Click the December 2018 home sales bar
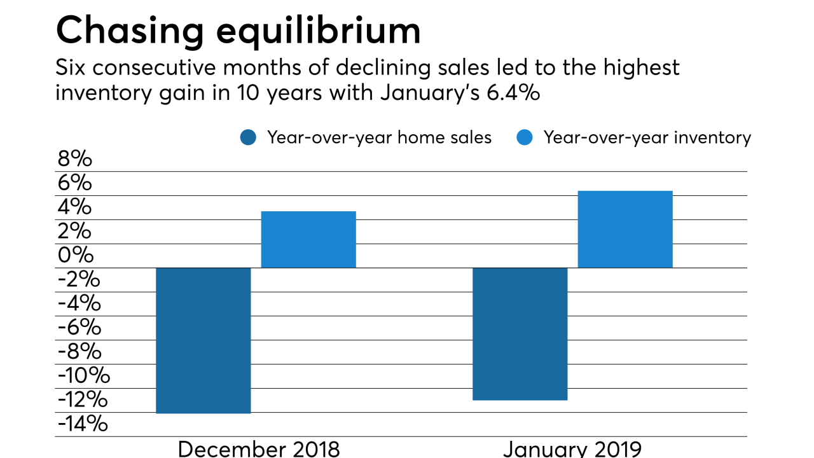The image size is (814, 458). pyautogui.click(x=203, y=340)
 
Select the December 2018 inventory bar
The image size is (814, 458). pyautogui.click(x=308, y=239)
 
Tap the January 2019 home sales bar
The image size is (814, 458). pyautogui.click(x=520, y=334)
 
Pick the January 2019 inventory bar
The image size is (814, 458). pyautogui.click(x=624, y=229)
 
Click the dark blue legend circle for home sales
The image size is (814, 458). pyautogui.click(x=248, y=137)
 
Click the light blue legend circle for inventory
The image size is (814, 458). pyautogui.click(x=525, y=137)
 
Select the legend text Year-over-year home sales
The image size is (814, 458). pyautogui.click(x=379, y=137)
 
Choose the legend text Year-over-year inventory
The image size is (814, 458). pyautogui.click(x=647, y=137)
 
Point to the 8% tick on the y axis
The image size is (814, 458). pyautogui.click(x=74, y=159)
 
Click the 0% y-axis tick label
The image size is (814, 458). pyautogui.click(x=74, y=256)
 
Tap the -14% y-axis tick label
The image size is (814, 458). pyautogui.click(x=82, y=424)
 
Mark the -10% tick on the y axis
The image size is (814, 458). pyautogui.click(x=83, y=376)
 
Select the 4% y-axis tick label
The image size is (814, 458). pyautogui.click(x=74, y=207)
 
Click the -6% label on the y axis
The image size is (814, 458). pyautogui.click(x=79, y=328)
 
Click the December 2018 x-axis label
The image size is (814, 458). pyautogui.click(x=259, y=448)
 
